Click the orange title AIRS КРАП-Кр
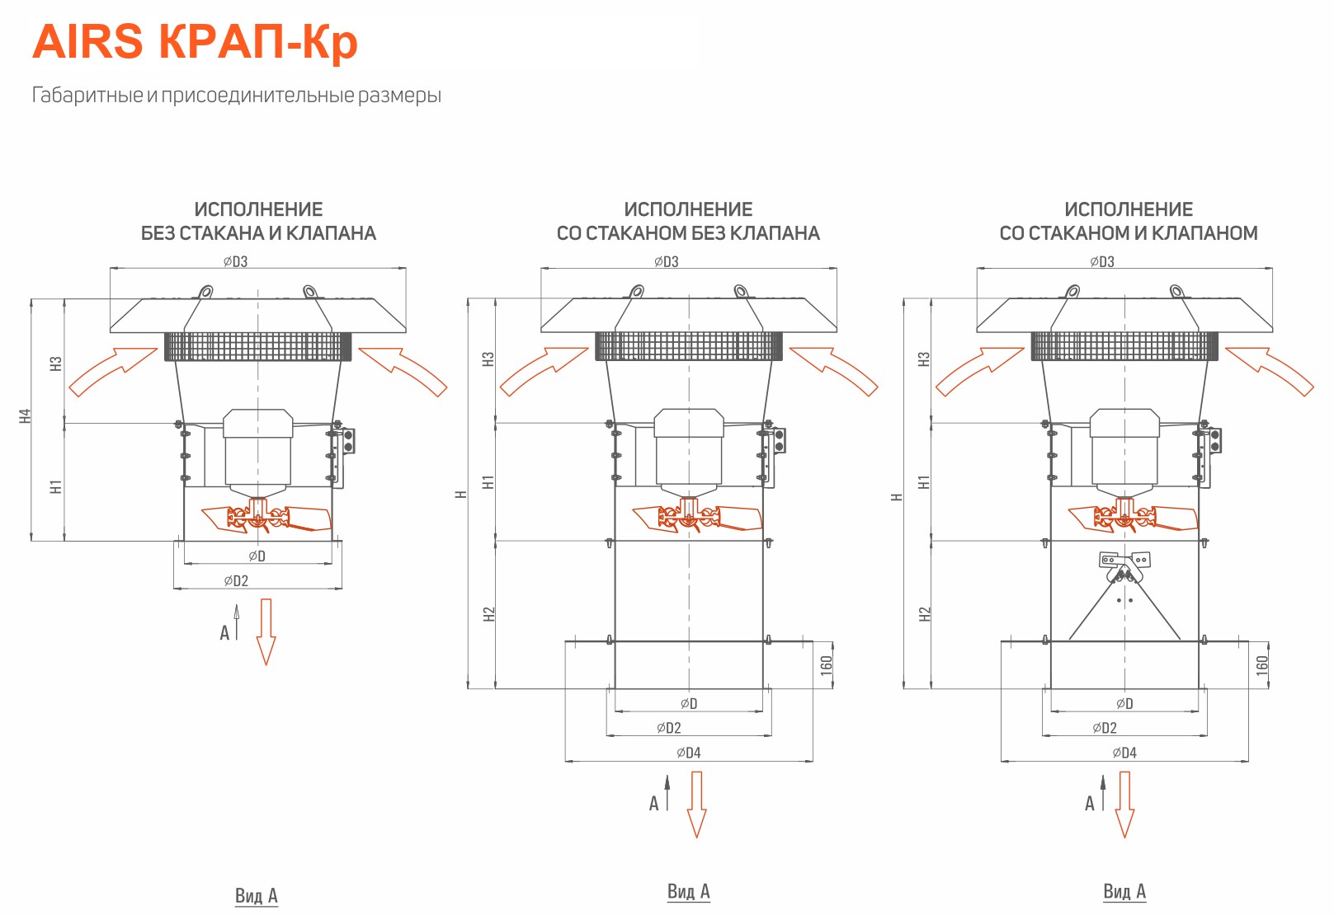[x=195, y=42]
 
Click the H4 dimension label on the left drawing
[x=25, y=415]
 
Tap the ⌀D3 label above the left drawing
[x=235, y=261]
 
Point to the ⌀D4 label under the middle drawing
[x=688, y=753]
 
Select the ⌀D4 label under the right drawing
[x=1124, y=753]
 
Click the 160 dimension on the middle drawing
[x=826, y=664]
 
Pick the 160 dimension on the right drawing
[x=1262, y=664]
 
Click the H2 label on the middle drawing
[x=489, y=614]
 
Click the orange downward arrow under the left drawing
[x=266, y=631]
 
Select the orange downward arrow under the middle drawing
[x=696, y=805]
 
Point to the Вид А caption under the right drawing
[x=1124, y=891]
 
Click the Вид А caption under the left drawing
[x=256, y=895]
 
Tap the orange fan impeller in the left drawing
[x=266, y=517]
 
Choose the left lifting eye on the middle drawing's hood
[x=636, y=292]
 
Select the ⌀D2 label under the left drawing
[x=236, y=580]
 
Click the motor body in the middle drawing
[x=688, y=453]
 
